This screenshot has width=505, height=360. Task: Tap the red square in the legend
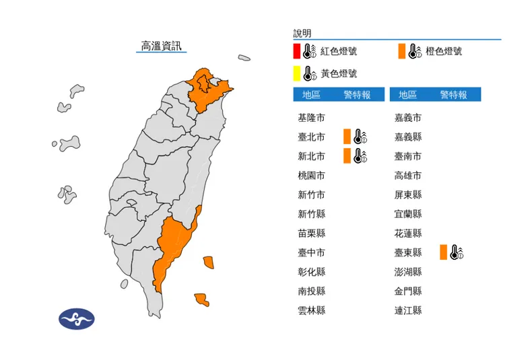[x=297, y=51]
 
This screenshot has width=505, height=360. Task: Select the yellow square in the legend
[x=297, y=73]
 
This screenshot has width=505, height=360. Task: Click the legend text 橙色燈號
[x=444, y=52]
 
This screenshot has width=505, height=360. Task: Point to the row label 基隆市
[x=311, y=118]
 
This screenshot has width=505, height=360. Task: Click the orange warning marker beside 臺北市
[x=346, y=137]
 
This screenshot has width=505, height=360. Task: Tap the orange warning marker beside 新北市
[x=346, y=157]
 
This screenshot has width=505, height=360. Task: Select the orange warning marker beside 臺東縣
[x=442, y=253]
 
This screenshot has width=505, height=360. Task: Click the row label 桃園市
[x=311, y=176]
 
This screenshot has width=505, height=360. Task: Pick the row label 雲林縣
[x=311, y=311]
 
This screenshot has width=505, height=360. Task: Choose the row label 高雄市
[x=408, y=176]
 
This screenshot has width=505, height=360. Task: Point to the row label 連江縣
[x=408, y=311]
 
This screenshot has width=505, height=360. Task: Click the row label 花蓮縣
[x=408, y=233]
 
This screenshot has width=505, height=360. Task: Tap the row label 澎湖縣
[x=408, y=272]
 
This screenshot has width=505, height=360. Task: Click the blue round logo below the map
[x=77, y=318]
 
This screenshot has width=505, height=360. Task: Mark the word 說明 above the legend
[x=302, y=33]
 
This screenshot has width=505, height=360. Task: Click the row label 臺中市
[x=311, y=253]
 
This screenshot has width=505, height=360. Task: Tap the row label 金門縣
[x=408, y=291]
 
